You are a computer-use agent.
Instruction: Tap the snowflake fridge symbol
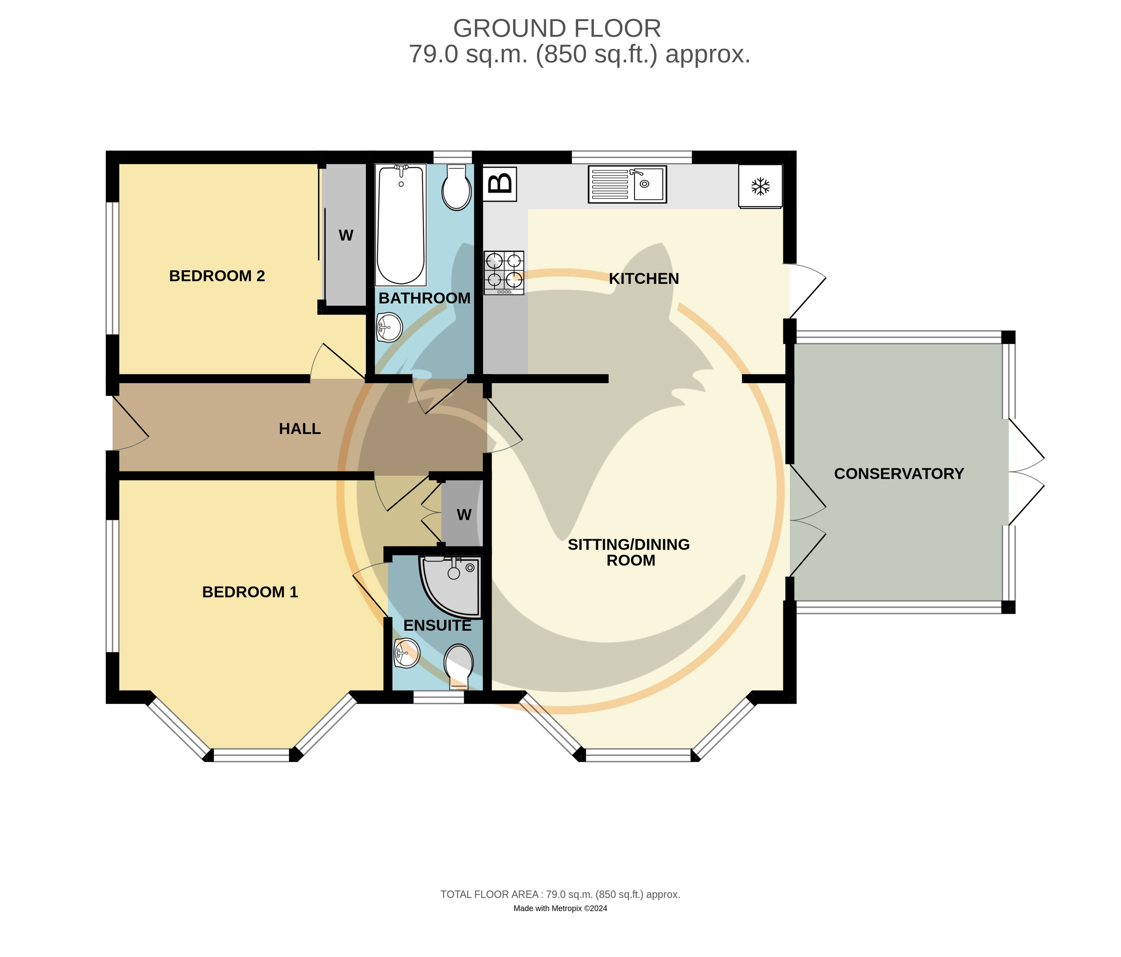761,186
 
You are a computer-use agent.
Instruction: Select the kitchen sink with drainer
627,184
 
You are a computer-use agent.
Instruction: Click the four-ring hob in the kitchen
504,273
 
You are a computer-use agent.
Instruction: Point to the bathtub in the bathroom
401,225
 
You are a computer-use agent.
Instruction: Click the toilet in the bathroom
456,187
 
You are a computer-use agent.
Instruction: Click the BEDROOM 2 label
217,276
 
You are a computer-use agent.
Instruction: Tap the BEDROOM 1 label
250,592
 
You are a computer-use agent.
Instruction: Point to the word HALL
300,429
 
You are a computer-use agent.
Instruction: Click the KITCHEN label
644,279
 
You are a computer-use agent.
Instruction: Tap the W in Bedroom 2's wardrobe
346,235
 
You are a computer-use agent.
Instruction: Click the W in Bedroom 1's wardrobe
464,515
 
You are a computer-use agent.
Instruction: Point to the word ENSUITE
438,626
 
